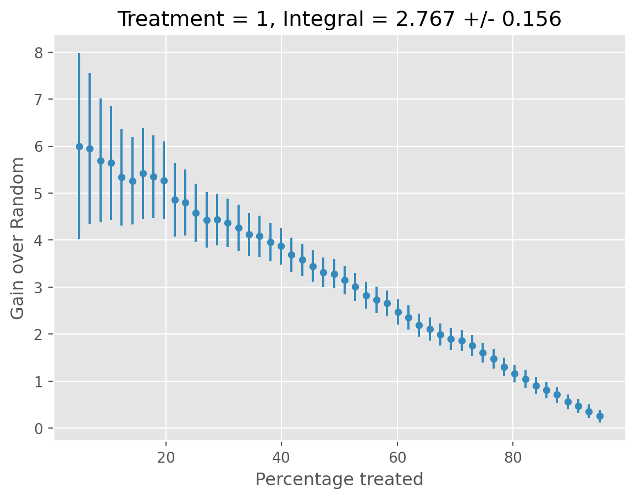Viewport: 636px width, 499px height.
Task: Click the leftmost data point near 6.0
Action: (x=79, y=146)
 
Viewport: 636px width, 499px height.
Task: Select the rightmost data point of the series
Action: (x=600, y=416)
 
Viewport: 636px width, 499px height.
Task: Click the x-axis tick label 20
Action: (x=165, y=457)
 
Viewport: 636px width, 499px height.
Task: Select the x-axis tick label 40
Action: (x=281, y=457)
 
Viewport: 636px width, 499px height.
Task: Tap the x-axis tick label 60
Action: (x=397, y=457)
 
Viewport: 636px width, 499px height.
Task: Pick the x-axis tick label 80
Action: (x=513, y=457)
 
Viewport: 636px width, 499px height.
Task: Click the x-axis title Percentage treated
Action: (x=339, y=480)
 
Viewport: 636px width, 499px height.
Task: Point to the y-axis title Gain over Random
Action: (x=18, y=238)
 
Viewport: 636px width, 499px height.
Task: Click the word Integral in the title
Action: (x=311, y=19)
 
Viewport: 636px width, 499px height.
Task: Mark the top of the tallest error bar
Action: (x=79, y=53)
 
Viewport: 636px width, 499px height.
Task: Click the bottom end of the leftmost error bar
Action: (x=79, y=239)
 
